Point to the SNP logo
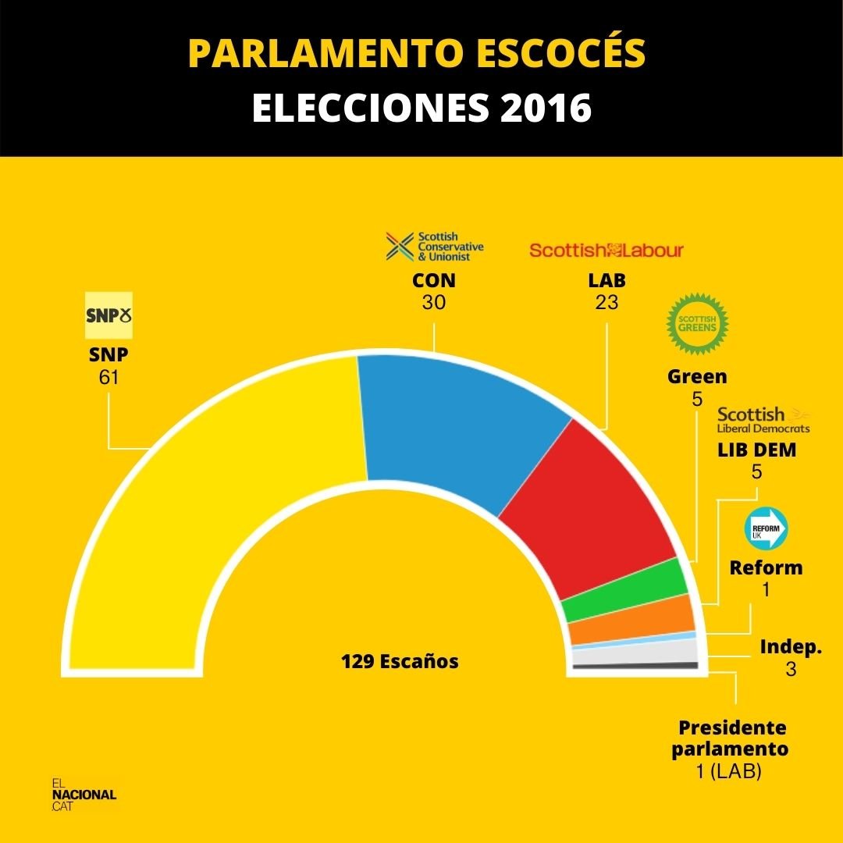108,315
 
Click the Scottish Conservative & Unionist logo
435,246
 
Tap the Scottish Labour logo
606,251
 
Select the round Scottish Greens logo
697,322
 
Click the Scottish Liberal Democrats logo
763,420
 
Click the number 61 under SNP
108,379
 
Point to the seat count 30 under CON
434,302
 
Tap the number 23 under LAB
606,302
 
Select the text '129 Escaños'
400,662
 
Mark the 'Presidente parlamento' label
732,738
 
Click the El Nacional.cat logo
84,795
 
